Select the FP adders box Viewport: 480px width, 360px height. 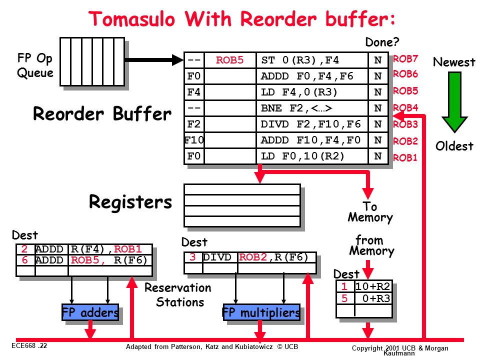[90, 312]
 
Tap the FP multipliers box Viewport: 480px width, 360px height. [261, 312]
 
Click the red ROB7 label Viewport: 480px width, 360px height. [405, 58]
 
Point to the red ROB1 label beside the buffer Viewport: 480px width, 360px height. [405, 157]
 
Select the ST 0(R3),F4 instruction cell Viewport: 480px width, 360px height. [312, 60]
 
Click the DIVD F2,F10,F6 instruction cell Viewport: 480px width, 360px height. [312, 124]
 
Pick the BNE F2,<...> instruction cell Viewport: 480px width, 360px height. [312, 108]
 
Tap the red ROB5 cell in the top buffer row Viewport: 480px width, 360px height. [230, 60]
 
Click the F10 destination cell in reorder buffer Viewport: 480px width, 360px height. [194, 140]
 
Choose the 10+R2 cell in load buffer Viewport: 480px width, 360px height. [373, 286]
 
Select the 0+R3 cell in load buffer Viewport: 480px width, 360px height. [373, 298]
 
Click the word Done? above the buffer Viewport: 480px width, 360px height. [382, 42]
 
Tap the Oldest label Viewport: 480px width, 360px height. [454, 146]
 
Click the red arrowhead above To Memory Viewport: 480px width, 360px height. [368, 193]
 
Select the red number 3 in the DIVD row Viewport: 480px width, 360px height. [192, 257]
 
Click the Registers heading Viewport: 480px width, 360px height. [130, 202]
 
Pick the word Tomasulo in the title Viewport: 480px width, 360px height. [132, 19]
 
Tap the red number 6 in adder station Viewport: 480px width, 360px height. [25, 260]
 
